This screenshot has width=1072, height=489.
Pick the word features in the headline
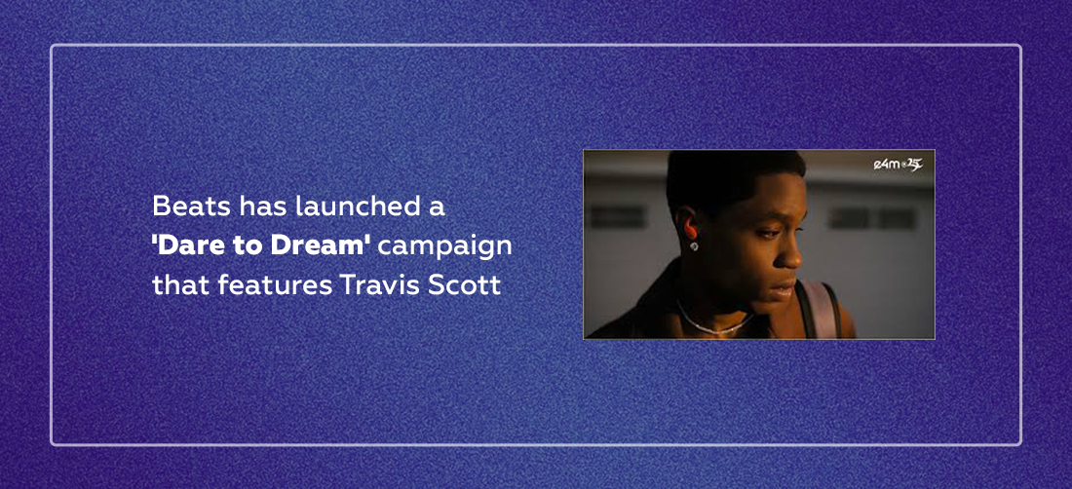[276, 285]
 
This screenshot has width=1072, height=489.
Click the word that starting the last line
[181, 285]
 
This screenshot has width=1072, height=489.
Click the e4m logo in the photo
[899, 165]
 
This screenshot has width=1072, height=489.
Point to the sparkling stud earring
[693, 245]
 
